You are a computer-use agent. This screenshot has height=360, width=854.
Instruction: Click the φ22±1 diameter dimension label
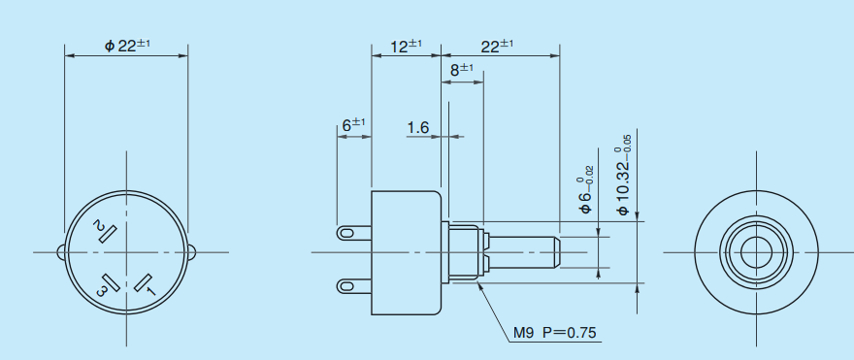(127, 46)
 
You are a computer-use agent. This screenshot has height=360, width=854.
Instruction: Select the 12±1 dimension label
(407, 46)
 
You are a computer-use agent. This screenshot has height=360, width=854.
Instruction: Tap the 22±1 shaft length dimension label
(497, 46)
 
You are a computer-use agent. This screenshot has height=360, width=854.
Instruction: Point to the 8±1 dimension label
(462, 70)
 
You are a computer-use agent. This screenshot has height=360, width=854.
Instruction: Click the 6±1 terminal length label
(353, 125)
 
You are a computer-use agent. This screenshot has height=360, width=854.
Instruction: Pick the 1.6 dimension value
(418, 127)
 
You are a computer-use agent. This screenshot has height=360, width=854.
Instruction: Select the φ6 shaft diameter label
(585, 195)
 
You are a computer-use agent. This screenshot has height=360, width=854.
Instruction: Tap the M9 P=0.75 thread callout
(555, 332)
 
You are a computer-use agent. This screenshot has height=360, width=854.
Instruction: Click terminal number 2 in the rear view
(99, 226)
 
